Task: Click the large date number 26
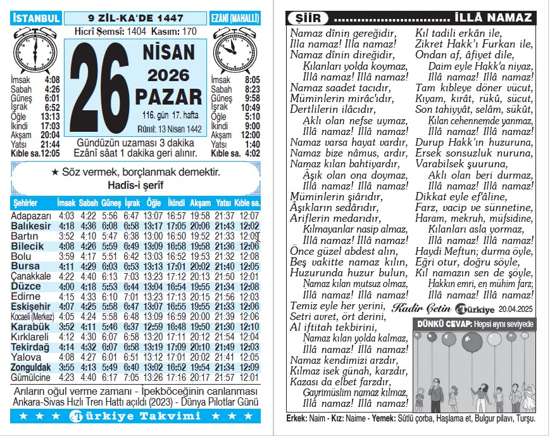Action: [x=100, y=87]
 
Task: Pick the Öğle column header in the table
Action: [x=153, y=203]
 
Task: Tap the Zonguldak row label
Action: [x=30, y=367]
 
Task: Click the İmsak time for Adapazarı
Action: [x=66, y=216]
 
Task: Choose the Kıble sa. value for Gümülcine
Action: [x=249, y=377]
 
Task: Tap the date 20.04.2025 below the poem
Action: [x=516, y=309]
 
